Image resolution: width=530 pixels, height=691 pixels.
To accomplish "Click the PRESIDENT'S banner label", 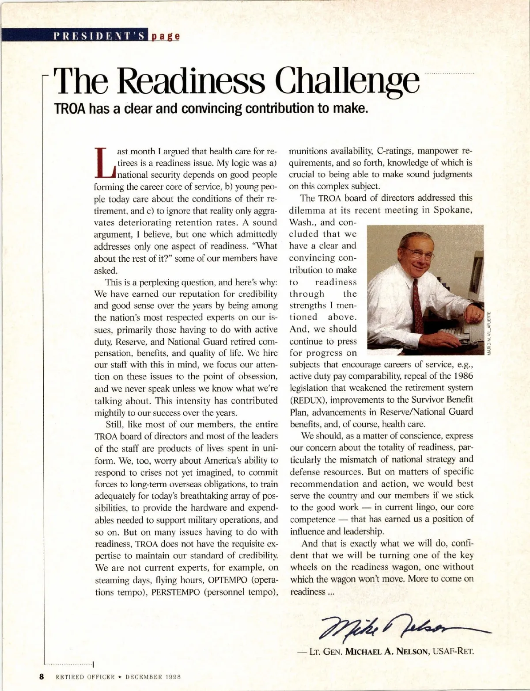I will [x=100, y=36].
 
